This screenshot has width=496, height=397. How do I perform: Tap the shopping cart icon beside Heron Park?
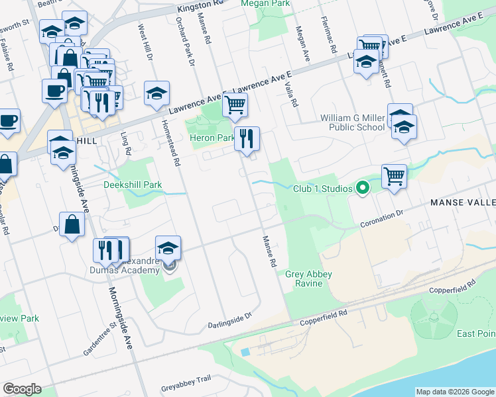pyautogui.click(x=235, y=105)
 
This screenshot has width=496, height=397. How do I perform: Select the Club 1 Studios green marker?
pyautogui.click(x=362, y=189)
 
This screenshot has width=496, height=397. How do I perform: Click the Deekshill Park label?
pyautogui.click(x=133, y=185)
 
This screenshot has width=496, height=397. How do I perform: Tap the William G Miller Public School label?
pyautogui.click(x=352, y=122)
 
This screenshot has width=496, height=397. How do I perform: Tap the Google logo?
pyautogui.click(x=22, y=389)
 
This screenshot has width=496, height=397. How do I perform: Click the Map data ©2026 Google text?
pyautogui.click(x=454, y=392)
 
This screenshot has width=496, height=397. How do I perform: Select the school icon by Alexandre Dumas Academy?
pyautogui.click(x=168, y=249)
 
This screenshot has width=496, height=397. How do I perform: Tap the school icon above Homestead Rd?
pyautogui.click(x=156, y=94)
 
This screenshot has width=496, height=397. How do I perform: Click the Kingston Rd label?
pyautogui.click(x=198, y=9)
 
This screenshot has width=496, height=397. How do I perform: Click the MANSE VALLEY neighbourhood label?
pyautogui.click(x=462, y=202)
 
